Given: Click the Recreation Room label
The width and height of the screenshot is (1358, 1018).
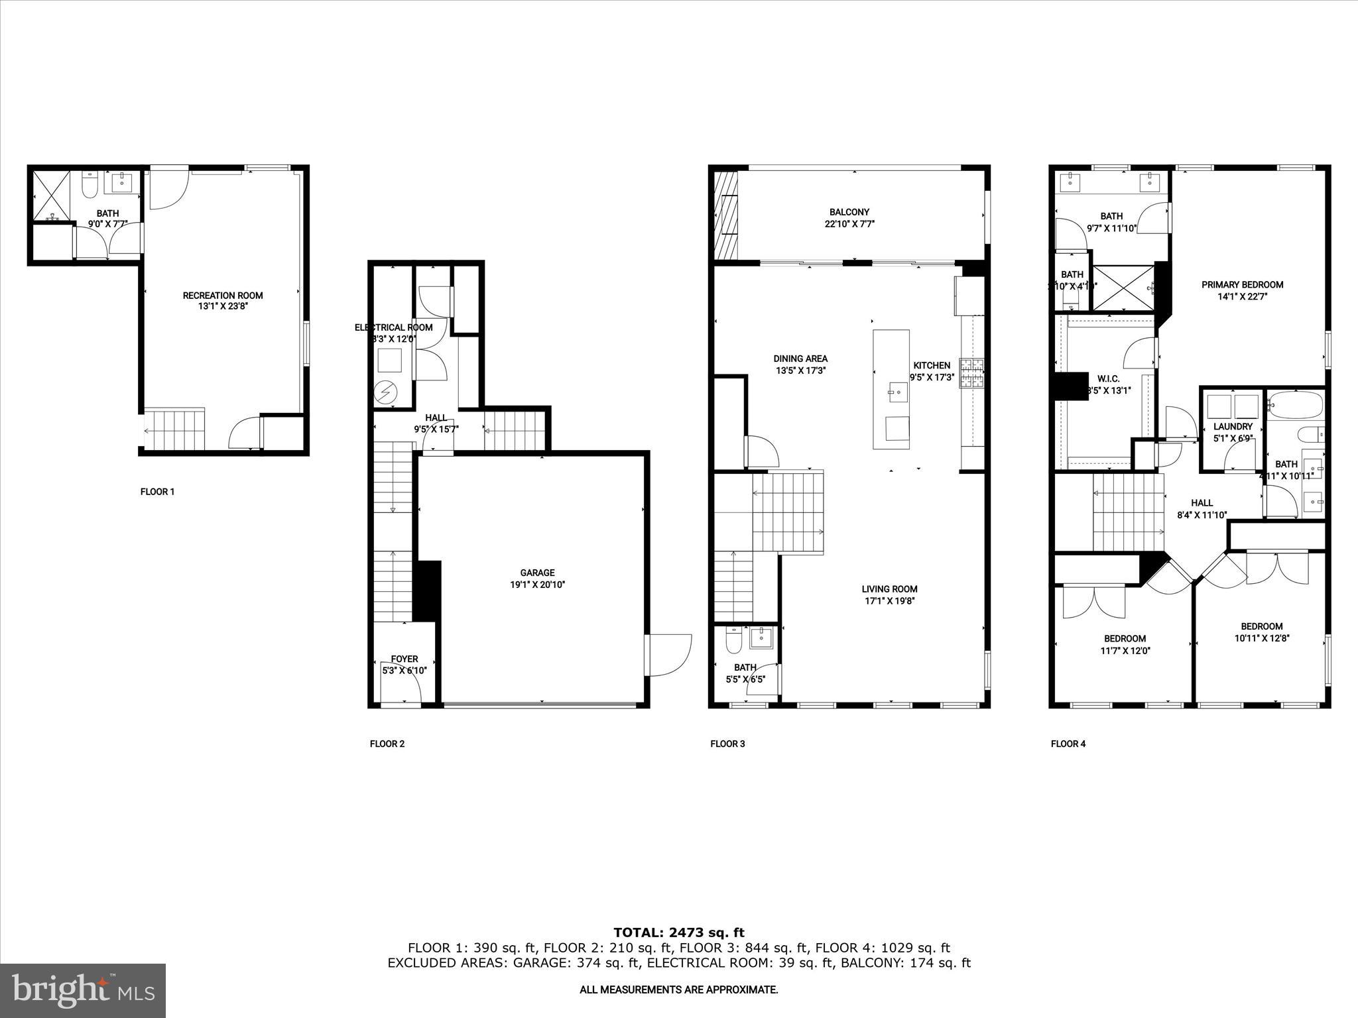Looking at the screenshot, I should click(223, 296).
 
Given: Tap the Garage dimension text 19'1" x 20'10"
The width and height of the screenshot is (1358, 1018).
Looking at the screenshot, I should click(537, 585).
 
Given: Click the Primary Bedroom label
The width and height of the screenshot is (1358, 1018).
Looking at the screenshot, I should click(1242, 285).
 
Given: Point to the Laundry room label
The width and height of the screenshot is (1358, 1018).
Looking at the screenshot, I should click(1233, 427).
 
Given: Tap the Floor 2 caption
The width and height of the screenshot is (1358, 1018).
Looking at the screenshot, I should click(387, 744).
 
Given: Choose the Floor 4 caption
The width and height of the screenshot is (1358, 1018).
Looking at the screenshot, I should click(1068, 744).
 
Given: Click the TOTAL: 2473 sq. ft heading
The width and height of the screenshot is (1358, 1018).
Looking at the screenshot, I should click(678, 933).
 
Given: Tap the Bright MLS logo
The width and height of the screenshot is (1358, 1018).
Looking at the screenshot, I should click(83, 990).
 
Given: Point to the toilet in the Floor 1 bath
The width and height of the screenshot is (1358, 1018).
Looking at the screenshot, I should click(91, 184).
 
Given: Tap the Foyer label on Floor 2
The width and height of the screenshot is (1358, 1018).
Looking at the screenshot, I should click(404, 659).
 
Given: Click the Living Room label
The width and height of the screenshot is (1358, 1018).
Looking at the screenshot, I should click(889, 589).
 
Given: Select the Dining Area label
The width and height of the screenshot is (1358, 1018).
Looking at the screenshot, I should click(800, 359).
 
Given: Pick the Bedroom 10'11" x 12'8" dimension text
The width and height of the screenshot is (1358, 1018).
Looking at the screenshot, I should click(1261, 638).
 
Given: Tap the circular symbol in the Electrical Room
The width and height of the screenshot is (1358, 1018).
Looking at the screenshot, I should click(385, 393).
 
